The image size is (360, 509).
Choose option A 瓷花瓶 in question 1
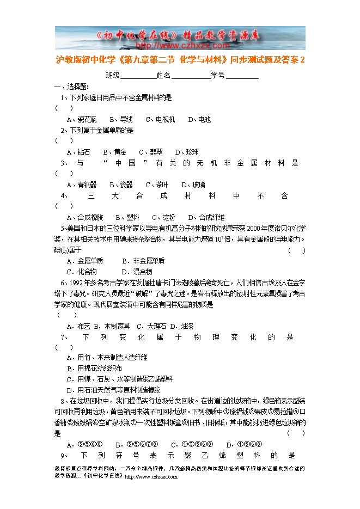click(x=82, y=119)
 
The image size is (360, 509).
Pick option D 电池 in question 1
click(x=199, y=119)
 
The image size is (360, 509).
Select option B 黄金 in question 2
click(x=118, y=152)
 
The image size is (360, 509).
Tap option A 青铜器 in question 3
click(x=82, y=185)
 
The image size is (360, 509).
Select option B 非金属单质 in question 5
click(x=143, y=261)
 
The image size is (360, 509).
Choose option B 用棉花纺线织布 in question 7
click(x=94, y=368)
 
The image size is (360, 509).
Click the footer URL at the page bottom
click(x=151, y=477)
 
